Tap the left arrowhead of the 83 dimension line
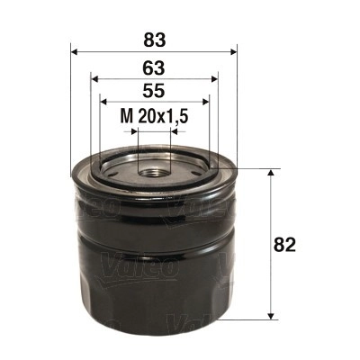coord(73,50)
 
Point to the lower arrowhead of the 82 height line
coord(270,315)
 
